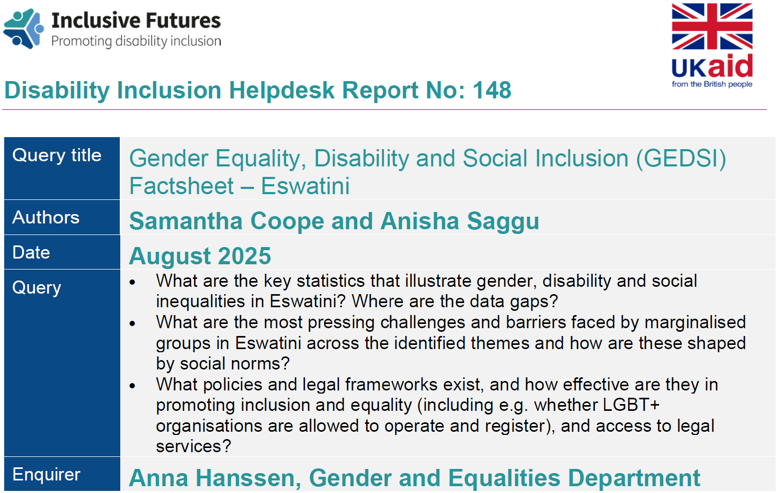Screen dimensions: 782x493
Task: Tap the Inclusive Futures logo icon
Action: click(24, 29)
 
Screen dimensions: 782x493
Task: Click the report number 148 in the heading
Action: click(492, 90)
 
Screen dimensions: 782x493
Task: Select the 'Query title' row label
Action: click(57, 155)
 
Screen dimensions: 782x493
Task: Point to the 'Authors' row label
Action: click(46, 217)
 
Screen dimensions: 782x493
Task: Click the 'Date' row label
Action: click(31, 252)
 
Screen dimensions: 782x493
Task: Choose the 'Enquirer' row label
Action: click(47, 474)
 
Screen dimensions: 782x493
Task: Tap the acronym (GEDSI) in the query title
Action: click(681, 159)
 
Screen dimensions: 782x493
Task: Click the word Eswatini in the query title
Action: click(305, 186)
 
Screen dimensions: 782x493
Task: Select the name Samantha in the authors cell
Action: click(186, 221)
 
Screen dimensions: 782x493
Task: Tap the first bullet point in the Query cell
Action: click(132, 282)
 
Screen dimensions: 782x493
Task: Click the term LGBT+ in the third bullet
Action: click(631, 405)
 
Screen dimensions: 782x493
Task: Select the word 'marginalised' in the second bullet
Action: click(695, 322)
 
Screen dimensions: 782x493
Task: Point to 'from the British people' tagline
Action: click(712, 84)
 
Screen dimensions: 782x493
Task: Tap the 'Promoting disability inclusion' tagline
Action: click(136, 41)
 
